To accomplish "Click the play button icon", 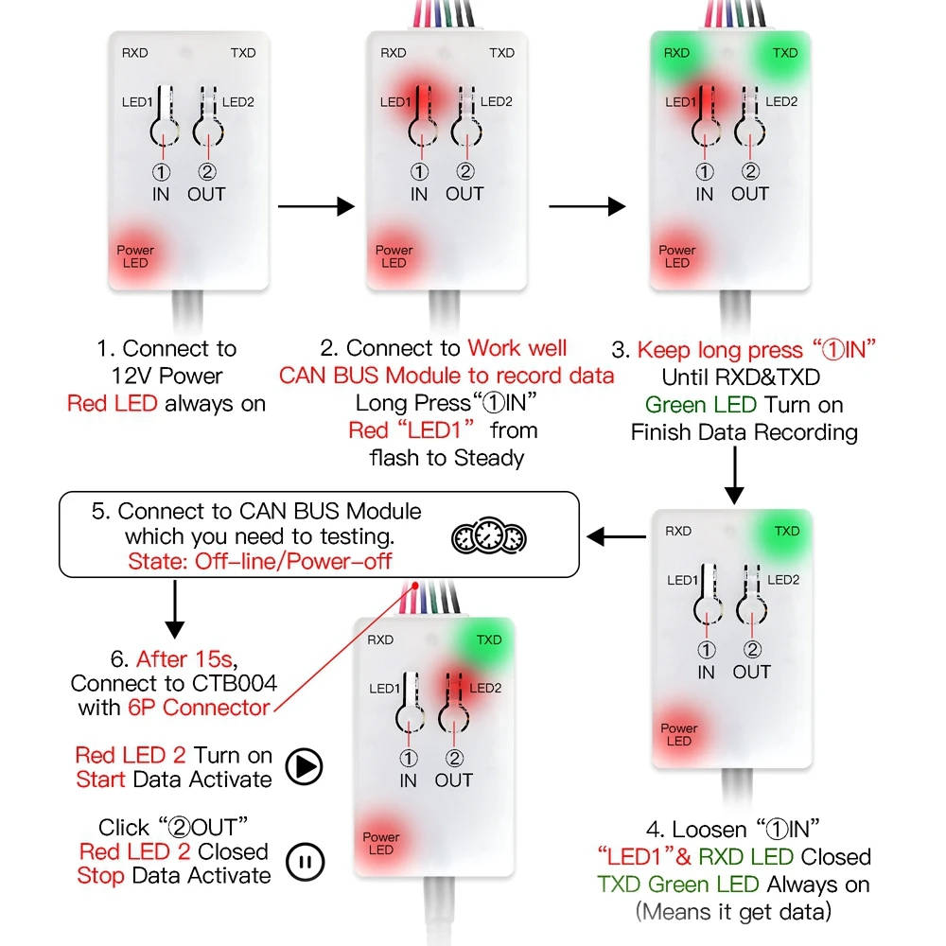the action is pyautogui.click(x=304, y=767).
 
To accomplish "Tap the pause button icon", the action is pyautogui.click(x=305, y=862).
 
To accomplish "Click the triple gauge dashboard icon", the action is pyautogui.click(x=489, y=535).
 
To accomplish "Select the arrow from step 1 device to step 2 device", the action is pyautogui.click(x=316, y=206).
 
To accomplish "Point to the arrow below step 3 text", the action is pyautogui.click(x=734, y=476).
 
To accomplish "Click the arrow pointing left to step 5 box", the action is pyautogui.click(x=616, y=536).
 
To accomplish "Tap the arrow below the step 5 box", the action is pyautogui.click(x=175, y=609).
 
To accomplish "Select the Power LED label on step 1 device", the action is pyautogui.click(x=135, y=256).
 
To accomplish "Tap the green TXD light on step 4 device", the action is pyautogui.click(x=786, y=532).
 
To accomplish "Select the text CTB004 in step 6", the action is pyautogui.click(x=238, y=683).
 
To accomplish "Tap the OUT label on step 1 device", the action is pyautogui.click(x=206, y=194).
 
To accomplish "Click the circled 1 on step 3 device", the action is pyautogui.click(x=704, y=172).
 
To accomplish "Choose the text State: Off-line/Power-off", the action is pyautogui.click(x=260, y=561).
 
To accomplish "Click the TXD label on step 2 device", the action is pyautogui.click(x=501, y=53).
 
